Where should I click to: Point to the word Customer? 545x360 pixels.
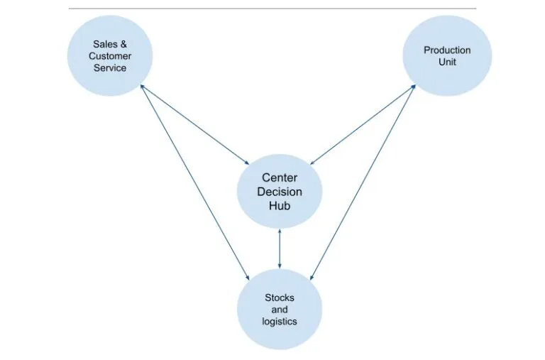(109, 56)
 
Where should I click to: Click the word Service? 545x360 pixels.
(109, 68)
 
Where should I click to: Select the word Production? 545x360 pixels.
(447, 50)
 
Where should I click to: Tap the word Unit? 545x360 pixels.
(447, 62)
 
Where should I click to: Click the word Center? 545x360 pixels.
(280, 178)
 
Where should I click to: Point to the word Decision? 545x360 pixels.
(280, 192)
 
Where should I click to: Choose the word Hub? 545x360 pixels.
(280, 206)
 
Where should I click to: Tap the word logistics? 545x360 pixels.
(279, 322)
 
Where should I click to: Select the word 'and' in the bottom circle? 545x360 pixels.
(279, 309)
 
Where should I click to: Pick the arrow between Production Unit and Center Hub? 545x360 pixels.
(363, 123)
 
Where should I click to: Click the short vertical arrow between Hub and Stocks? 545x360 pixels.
(280, 248)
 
